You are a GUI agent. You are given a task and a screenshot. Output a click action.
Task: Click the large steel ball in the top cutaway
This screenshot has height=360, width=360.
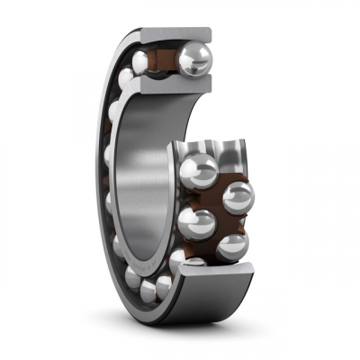193,59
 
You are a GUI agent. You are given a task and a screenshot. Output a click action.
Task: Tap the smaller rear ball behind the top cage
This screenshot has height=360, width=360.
141,61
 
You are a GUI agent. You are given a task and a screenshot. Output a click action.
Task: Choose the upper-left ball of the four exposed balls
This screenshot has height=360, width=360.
199,168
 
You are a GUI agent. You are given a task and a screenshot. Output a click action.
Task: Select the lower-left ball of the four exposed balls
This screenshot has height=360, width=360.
197,222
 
